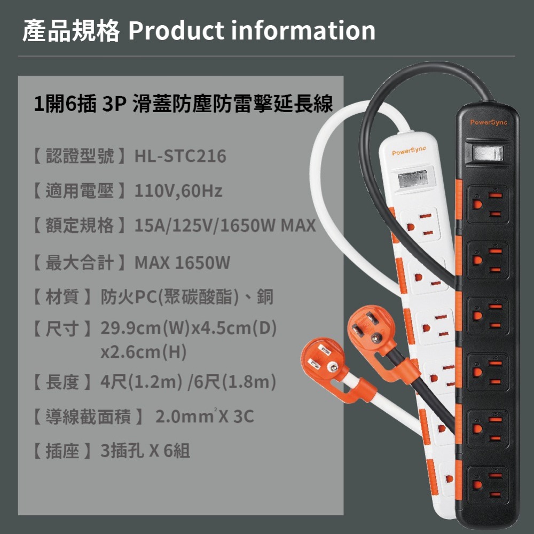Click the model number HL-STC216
click(180, 156)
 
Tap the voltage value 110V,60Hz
click(178, 191)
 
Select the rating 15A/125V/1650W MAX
click(225, 226)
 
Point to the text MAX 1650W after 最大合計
click(182, 263)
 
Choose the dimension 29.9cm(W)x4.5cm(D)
click(189, 328)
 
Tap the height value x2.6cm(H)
click(140, 352)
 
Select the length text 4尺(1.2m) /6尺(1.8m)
click(188, 382)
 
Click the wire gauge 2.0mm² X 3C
click(205, 416)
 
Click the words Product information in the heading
click(252, 31)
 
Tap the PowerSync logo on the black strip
click(489, 123)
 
